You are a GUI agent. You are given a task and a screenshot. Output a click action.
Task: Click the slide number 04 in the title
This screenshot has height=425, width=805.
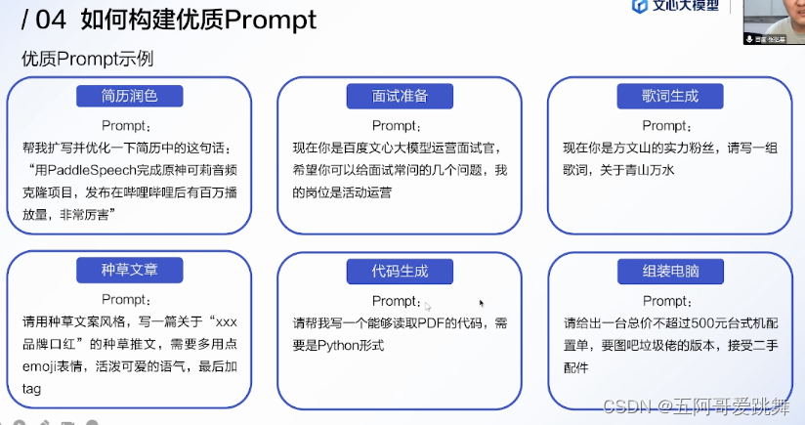[x=49, y=19]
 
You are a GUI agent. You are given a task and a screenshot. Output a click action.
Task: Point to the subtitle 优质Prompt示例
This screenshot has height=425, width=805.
[x=87, y=59]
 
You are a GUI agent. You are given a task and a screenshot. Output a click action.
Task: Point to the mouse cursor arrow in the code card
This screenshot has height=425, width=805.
[x=482, y=303]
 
